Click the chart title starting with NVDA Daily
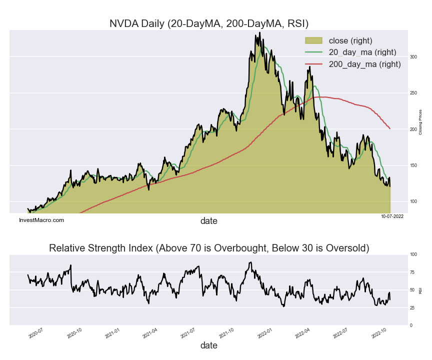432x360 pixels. pyautogui.click(x=209, y=23)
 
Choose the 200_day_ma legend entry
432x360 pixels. pyautogui.click(x=364, y=64)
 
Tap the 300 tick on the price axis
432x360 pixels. pyautogui.click(x=413, y=57)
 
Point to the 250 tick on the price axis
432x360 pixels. pyautogui.click(x=413, y=93)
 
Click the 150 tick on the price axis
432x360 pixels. pyautogui.click(x=413, y=165)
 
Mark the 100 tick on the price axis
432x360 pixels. pyautogui.click(x=413, y=201)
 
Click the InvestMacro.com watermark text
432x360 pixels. pyautogui.click(x=41, y=220)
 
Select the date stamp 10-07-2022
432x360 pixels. pyautogui.click(x=392, y=216)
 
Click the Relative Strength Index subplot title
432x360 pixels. pyautogui.click(x=209, y=248)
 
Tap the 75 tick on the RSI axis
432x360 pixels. pyautogui.click(x=413, y=272)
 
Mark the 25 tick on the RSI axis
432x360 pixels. pyautogui.click(x=413, y=307)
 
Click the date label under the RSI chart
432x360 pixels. pyautogui.click(x=209, y=345)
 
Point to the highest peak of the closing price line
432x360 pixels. pyautogui.click(x=259, y=33)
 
